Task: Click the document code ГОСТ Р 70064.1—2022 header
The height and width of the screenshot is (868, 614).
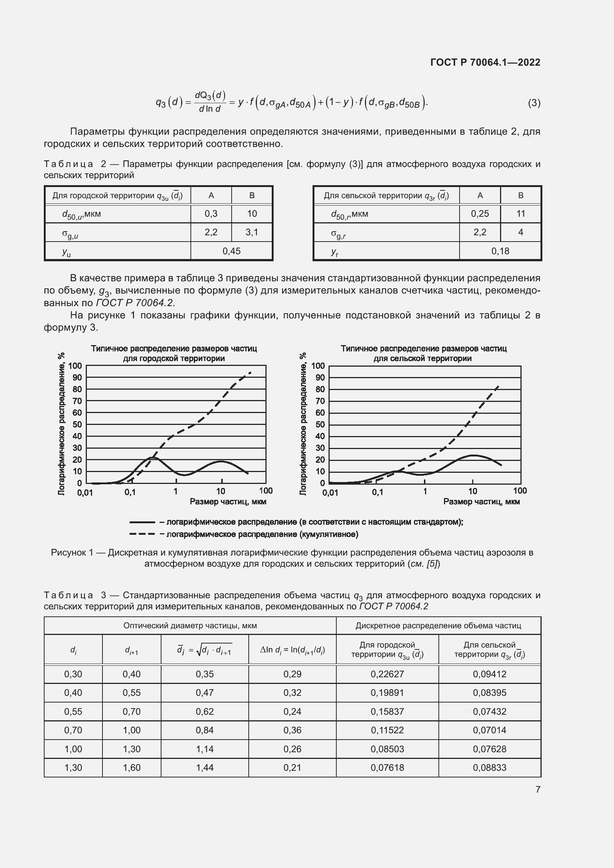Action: point(485,62)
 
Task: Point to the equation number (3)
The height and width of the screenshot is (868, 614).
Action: point(534,103)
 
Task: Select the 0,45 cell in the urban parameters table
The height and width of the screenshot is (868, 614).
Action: point(231,251)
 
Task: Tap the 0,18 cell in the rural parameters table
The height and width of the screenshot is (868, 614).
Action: point(500,251)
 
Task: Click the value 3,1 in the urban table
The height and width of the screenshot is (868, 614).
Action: point(252,232)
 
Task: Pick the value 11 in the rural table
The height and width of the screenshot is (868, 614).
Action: point(520,214)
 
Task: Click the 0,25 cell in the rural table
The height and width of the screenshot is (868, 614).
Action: point(480,214)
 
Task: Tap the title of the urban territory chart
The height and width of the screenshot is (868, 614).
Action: point(174,353)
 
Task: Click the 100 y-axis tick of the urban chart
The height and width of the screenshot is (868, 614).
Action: point(75,366)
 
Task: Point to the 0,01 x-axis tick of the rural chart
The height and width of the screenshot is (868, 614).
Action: point(330,492)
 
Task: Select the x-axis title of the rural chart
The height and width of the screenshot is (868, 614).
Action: point(481,502)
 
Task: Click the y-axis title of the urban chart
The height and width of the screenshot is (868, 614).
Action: point(62,424)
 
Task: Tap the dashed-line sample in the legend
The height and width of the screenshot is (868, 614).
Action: point(142,534)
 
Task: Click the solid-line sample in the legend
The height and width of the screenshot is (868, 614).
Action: point(142,522)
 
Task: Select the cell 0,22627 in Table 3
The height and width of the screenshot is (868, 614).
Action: point(387,674)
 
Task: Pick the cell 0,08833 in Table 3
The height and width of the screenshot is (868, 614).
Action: point(489,767)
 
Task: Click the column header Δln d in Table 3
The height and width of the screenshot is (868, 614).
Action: point(292,650)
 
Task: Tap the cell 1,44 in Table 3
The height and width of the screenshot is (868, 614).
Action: point(205,767)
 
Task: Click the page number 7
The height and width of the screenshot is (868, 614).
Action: point(538,789)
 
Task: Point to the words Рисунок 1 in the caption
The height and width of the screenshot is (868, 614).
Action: point(72,553)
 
